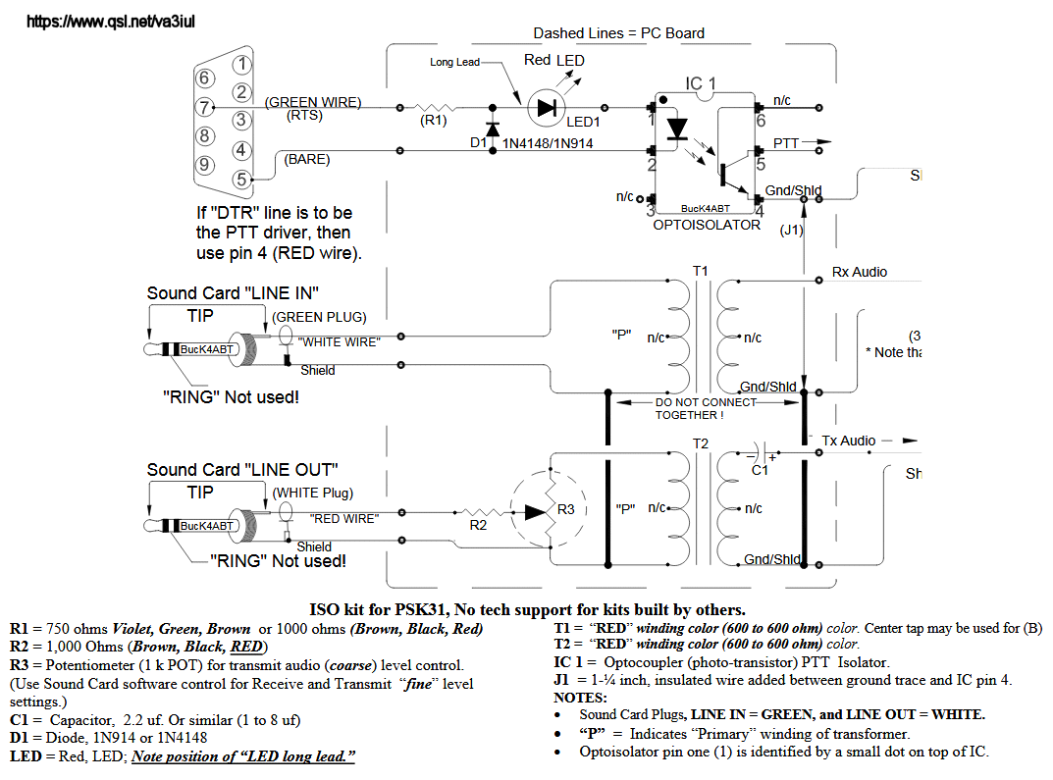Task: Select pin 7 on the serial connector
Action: pos(204,107)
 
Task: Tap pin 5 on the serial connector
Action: pos(240,180)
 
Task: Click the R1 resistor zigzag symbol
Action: pos(434,108)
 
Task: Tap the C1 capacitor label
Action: pos(760,471)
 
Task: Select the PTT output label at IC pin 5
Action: pos(785,143)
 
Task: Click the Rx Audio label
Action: pos(861,272)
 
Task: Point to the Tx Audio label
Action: pos(849,441)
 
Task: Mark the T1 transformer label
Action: pos(700,270)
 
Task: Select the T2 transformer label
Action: pos(700,443)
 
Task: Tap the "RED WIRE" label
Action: pos(343,518)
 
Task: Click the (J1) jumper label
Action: pos(791,230)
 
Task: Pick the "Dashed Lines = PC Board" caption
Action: pos(618,33)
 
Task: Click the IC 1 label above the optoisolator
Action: pos(701,84)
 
